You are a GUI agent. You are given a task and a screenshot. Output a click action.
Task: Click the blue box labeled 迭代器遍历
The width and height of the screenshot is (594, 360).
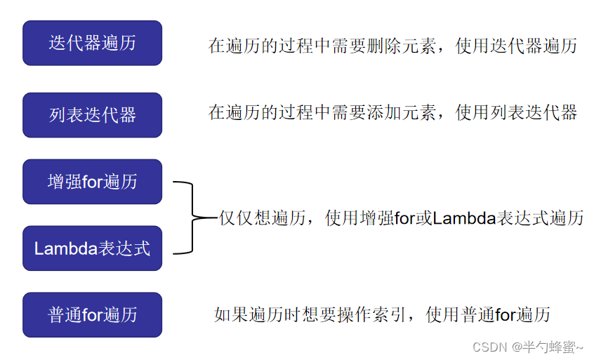pyautogui.click(x=93, y=43)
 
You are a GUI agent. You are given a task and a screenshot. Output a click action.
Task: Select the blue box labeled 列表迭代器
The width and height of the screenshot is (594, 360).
pyautogui.click(x=93, y=115)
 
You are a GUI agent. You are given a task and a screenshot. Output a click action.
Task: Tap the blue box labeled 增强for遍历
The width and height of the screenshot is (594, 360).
pyautogui.click(x=93, y=182)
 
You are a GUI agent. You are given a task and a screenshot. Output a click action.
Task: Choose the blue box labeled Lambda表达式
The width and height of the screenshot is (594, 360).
pyautogui.click(x=93, y=248)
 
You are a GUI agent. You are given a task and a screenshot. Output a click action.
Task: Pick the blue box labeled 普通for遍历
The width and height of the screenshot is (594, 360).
pyautogui.click(x=93, y=314)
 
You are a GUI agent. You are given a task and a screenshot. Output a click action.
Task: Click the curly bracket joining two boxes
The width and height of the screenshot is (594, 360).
pyautogui.click(x=193, y=218)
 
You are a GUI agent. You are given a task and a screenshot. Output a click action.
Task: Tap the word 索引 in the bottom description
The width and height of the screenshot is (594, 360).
pyautogui.click(x=390, y=314)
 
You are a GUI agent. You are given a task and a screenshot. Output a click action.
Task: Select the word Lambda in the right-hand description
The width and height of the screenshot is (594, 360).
pyautogui.click(x=464, y=218)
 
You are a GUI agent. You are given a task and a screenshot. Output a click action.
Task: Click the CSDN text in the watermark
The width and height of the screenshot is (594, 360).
pyautogui.click(x=489, y=347)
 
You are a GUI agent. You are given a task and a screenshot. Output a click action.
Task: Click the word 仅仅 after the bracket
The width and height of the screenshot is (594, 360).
pyautogui.click(x=236, y=218)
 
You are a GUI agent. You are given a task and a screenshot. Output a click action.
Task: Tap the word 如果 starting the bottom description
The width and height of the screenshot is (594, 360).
pyautogui.click(x=231, y=314)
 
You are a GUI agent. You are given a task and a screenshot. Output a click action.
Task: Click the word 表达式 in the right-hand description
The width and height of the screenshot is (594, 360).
pyautogui.click(x=522, y=218)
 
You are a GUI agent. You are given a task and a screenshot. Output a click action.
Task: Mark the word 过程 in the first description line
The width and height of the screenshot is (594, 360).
pyautogui.click(x=296, y=46)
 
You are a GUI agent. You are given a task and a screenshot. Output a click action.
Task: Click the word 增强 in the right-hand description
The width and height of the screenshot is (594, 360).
pyautogui.click(x=377, y=218)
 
